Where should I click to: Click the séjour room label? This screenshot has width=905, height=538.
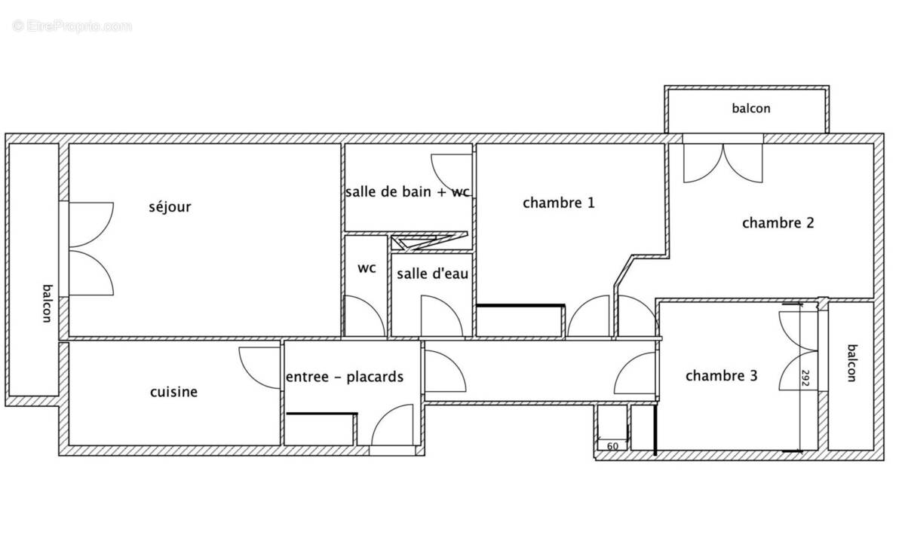point(170,207)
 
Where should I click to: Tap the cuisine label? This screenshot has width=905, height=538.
point(173,392)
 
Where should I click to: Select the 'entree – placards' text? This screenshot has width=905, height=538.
point(344,377)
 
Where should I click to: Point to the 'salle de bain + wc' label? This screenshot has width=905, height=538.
point(407,192)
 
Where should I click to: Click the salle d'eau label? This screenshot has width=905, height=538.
point(432,274)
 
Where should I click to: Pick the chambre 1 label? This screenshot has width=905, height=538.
point(559,203)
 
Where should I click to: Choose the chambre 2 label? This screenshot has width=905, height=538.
point(778,223)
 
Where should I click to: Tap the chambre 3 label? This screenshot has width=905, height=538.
point(721,376)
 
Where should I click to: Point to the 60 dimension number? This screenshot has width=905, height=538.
point(612,446)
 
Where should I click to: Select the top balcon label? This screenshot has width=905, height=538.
point(751,109)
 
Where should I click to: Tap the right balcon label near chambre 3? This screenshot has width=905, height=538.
point(852,363)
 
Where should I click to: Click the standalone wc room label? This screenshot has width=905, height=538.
point(367,268)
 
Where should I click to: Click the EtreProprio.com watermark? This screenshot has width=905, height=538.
point(72,26)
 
